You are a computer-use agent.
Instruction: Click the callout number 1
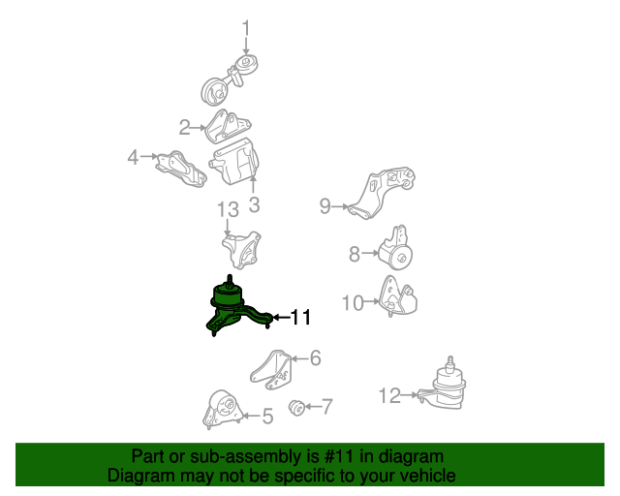[x=246, y=28]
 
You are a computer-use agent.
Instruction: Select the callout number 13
[x=229, y=209]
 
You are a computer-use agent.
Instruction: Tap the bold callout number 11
[x=300, y=317]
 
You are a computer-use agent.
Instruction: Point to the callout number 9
[x=325, y=206]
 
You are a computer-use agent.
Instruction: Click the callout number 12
[x=389, y=395]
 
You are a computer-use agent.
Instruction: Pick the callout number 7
[x=327, y=407]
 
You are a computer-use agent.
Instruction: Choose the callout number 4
[x=133, y=158]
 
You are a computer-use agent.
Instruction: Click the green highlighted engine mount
[x=238, y=306]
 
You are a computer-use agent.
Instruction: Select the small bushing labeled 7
[x=296, y=408]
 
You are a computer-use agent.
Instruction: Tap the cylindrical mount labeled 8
[x=396, y=249]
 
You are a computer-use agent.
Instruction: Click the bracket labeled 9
[x=382, y=193]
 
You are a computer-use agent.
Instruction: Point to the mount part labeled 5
[x=223, y=410]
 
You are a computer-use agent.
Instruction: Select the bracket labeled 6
[x=271, y=370]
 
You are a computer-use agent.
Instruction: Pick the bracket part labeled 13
[x=242, y=250]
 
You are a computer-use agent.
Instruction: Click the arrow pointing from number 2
[x=198, y=127]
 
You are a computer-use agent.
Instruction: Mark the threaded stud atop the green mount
[x=230, y=280]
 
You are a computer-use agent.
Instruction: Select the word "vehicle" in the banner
[x=429, y=476]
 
